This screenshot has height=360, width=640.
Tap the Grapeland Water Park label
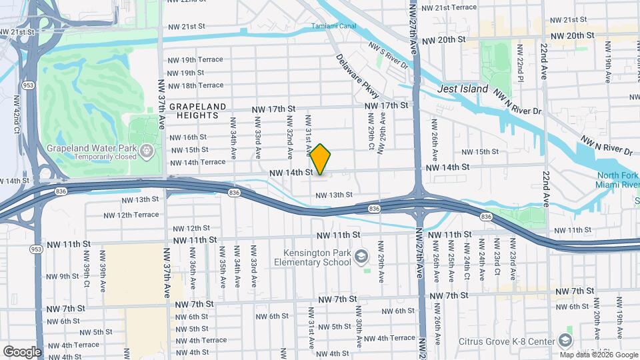[91, 148]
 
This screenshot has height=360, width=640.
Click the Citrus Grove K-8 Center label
[507, 341]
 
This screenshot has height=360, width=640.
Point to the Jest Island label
[463, 89]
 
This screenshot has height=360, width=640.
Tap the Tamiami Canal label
[333, 27]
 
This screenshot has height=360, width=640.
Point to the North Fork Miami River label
[618, 180]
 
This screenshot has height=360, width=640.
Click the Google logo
[22, 351]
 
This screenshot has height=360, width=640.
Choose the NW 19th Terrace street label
[195, 60]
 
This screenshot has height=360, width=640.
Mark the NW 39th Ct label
[86, 270]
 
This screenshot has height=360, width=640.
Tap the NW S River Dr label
[388, 56]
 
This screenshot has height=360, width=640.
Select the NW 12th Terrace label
[131, 215]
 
